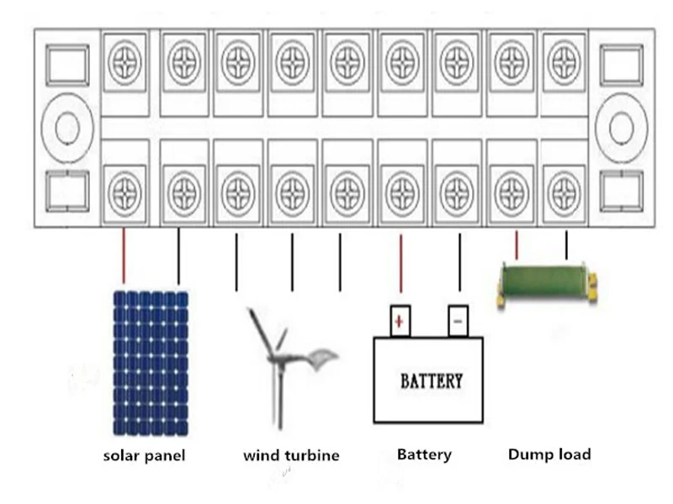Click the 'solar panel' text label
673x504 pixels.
click(x=144, y=456)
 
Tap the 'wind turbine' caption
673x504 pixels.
click(x=291, y=456)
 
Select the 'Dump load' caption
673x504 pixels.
click(x=549, y=454)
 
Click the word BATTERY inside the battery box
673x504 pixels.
click(x=431, y=381)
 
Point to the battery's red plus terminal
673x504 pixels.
click(x=400, y=321)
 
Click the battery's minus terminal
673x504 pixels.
click(x=458, y=321)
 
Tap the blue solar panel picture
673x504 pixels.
click(x=151, y=363)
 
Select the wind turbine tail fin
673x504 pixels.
click(x=321, y=361)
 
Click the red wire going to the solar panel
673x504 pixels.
click(x=124, y=256)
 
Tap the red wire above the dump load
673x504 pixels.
click(x=517, y=244)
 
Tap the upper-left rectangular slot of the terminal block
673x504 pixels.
click(x=66, y=65)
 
